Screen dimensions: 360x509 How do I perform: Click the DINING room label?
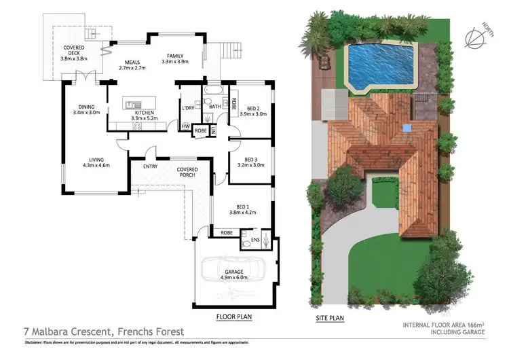tap(86, 109)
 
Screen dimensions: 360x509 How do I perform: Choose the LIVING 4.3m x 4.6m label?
tap(96, 162)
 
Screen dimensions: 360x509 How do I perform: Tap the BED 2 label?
tap(252, 111)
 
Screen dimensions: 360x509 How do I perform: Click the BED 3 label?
tap(250, 162)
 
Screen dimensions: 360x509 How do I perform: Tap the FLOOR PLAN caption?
tap(235, 317)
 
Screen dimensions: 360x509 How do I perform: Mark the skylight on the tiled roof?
tap(407, 127)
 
